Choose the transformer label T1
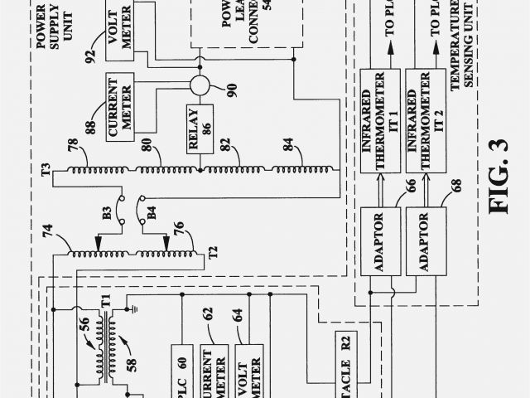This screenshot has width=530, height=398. pyautogui.click(x=105, y=302)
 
